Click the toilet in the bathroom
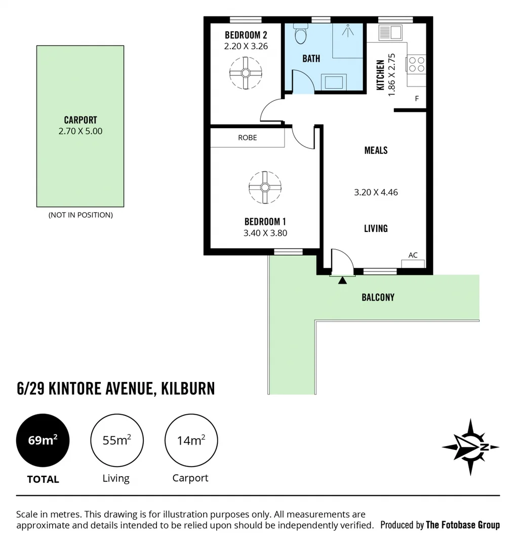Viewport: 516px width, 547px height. tap(300, 34)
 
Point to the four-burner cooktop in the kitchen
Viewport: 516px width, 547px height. tap(417, 64)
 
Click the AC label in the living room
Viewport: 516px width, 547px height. tap(413, 255)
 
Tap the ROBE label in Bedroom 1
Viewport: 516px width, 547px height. tap(248, 138)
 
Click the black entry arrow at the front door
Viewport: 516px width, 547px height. tap(343, 280)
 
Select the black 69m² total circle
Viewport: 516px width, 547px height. tap(43, 440)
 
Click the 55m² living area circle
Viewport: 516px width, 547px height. tap(116, 440)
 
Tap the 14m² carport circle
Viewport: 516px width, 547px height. tap(191, 440)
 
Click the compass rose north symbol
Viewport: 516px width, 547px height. tap(470, 447)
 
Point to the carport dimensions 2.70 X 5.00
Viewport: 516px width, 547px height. tap(81, 131)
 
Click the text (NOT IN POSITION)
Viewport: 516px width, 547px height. tap(81, 215)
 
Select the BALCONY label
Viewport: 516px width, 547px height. tap(378, 297)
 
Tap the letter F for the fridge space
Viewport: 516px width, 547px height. tap(417, 99)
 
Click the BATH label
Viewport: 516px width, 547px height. tap(311, 59)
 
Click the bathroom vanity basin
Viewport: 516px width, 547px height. tap(334, 82)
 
